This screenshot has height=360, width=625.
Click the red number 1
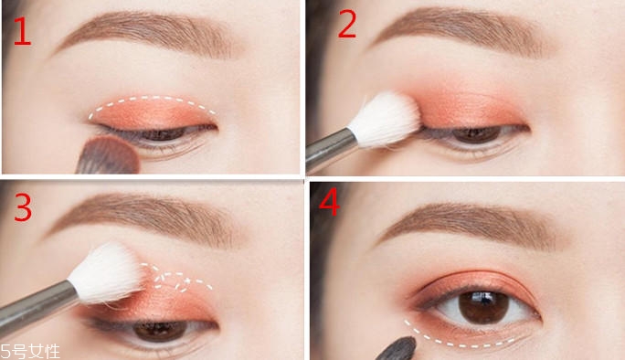(x=22, y=31)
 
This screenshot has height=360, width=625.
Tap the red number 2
(x=346, y=25)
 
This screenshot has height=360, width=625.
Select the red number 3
(x=23, y=207)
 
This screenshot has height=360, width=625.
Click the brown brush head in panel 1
(x=109, y=155)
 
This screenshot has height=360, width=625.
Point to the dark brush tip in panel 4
(x=398, y=349)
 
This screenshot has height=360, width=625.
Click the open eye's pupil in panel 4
(x=483, y=306)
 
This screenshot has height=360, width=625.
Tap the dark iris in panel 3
(x=160, y=330)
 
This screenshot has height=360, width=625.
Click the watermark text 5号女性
(x=30, y=352)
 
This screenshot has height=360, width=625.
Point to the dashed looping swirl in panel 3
(x=175, y=279)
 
